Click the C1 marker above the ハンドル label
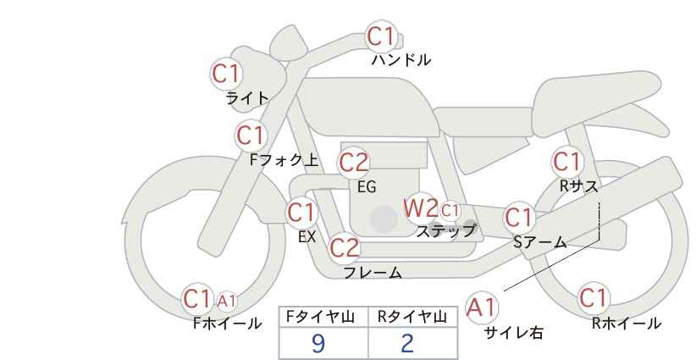(381, 36)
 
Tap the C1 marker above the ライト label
(226, 74)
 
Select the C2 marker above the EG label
(353, 163)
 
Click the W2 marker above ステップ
(420, 208)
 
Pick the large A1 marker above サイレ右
(481, 307)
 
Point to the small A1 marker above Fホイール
(226, 301)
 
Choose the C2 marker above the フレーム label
(345, 247)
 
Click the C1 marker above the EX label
(301, 213)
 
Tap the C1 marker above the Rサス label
(566, 162)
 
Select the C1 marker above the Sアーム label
(519, 218)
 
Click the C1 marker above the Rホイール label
(593, 298)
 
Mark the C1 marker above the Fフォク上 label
(251, 136)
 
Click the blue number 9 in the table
(318, 343)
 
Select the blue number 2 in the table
(407, 343)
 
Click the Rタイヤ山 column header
(412, 317)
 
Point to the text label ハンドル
(401, 59)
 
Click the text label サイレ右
(514, 333)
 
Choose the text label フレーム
(373, 273)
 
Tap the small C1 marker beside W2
(450, 210)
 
